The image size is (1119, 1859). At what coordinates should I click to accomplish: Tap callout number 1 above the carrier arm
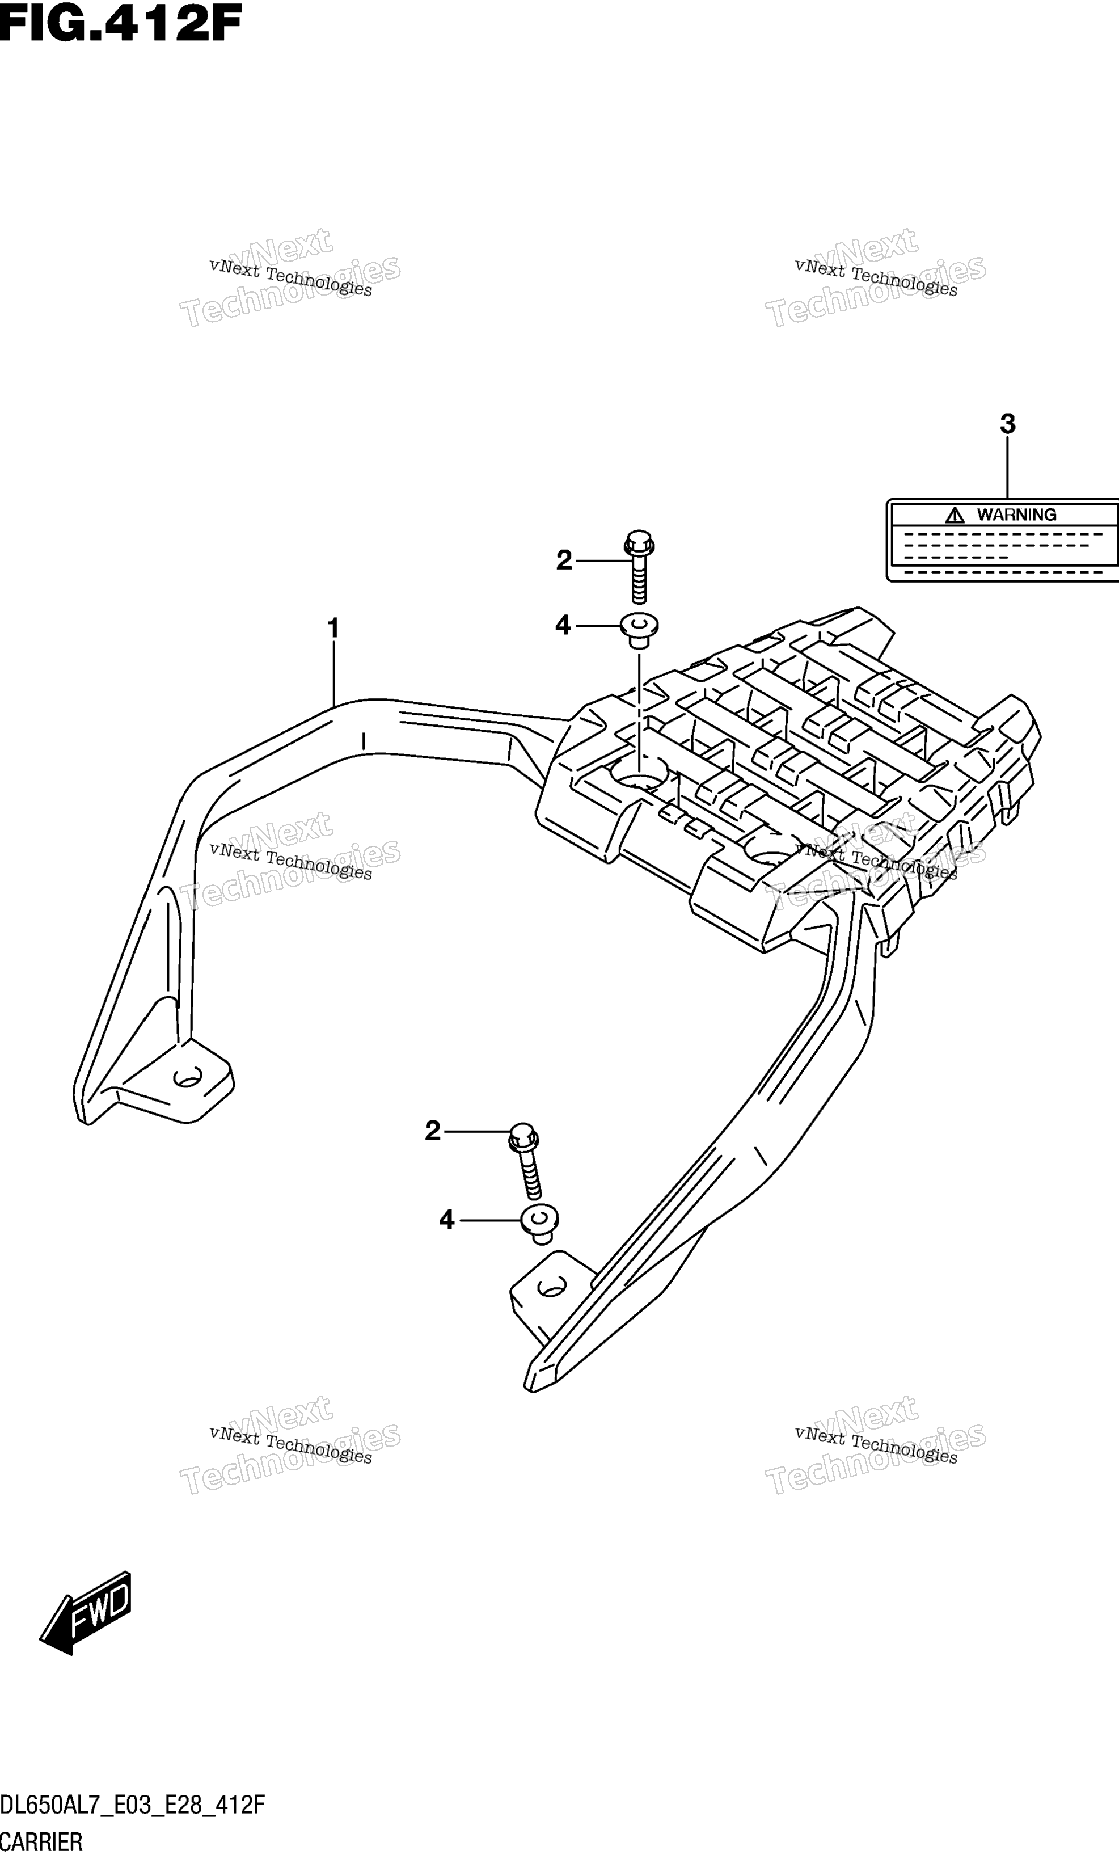tap(332, 627)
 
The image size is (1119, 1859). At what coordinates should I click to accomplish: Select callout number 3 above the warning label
tap(1007, 424)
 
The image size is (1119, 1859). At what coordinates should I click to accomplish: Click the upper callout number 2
tap(564, 560)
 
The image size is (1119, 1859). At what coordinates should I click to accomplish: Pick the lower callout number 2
tap(432, 1131)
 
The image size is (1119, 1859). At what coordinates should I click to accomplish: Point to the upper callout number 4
tap(563, 625)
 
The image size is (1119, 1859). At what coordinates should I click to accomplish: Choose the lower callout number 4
tap(446, 1220)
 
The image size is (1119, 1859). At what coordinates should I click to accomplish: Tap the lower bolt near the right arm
tap(526, 1161)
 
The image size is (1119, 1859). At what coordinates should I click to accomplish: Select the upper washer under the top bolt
tap(639, 630)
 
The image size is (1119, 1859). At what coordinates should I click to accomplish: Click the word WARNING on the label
tap(1016, 515)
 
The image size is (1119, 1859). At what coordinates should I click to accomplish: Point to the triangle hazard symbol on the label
tap(955, 515)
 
